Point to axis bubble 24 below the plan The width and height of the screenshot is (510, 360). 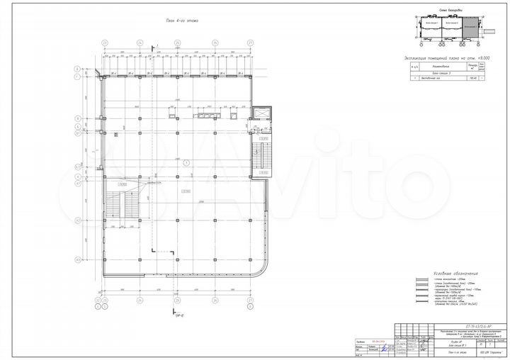pos(140,300)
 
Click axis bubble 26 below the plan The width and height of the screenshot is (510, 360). pos(213,300)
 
